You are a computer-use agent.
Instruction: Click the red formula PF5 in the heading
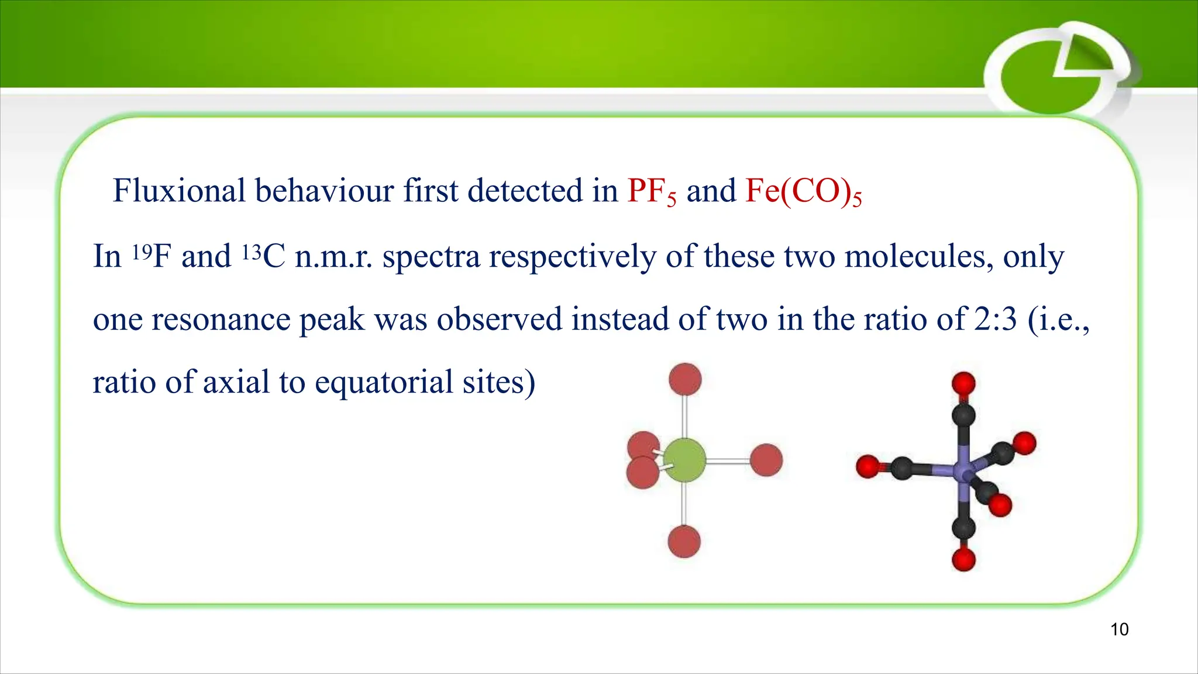click(651, 191)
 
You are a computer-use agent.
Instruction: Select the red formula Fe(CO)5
click(803, 191)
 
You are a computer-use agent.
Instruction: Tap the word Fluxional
click(179, 191)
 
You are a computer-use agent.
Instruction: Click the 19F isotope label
click(152, 256)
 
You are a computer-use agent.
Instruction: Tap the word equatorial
click(384, 382)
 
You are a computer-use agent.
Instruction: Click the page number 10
click(1119, 630)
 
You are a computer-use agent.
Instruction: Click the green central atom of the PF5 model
click(684, 460)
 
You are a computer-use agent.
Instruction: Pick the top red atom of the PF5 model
click(685, 379)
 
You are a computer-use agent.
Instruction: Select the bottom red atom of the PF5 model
click(684, 541)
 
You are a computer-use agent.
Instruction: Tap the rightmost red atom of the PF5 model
click(766, 460)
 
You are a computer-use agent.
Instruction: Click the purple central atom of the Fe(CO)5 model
click(963, 470)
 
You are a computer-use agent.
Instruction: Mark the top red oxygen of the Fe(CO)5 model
click(963, 384)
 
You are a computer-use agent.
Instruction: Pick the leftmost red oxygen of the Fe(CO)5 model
click(867, 467)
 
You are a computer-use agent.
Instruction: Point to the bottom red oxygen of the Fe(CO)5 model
click(963, 559)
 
